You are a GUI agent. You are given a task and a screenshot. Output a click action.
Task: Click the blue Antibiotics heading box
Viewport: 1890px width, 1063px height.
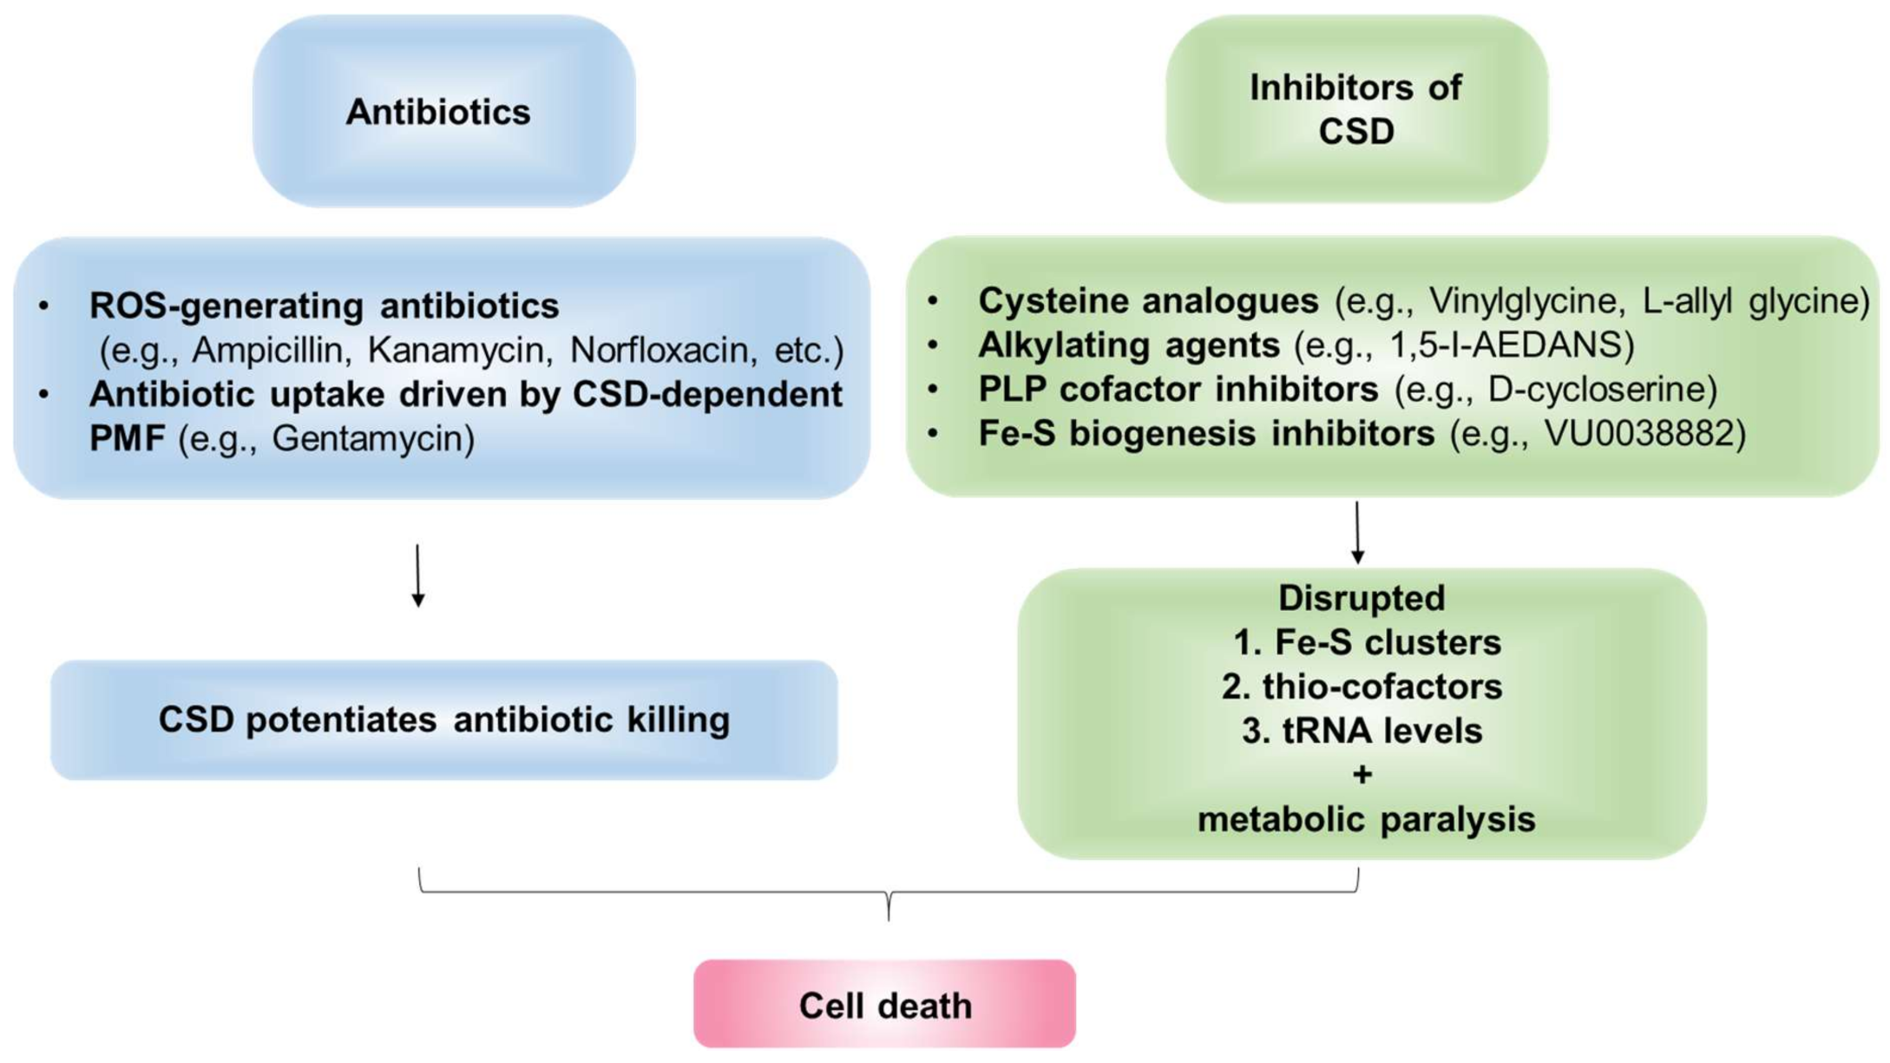(443, 112)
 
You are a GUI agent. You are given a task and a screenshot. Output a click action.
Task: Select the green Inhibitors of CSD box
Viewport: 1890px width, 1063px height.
(1355, 109)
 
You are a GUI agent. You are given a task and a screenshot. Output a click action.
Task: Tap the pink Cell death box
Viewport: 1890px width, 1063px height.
(884, 1005)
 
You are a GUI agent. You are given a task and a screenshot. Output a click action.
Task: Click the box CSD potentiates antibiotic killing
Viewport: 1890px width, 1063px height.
(443, 720)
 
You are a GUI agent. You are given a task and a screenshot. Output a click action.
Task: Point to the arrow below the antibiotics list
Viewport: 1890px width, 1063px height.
(418, 575)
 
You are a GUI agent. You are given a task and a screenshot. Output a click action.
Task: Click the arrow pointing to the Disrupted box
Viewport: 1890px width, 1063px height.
(1357, 533)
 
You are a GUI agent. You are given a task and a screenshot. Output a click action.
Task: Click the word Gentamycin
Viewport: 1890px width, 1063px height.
(372, 439)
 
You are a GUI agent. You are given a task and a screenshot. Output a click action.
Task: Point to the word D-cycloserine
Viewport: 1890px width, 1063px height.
(1601, 390)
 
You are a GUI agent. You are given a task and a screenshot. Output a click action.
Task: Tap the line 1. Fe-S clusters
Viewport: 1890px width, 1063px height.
(1366, 643)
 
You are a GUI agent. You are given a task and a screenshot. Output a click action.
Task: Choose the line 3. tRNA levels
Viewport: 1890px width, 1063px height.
(1362, 731)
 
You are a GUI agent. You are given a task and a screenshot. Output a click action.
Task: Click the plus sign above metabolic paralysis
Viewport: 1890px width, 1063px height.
(1362, 774)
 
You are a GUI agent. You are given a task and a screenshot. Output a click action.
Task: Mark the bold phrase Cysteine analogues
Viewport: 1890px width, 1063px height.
(1147, 301)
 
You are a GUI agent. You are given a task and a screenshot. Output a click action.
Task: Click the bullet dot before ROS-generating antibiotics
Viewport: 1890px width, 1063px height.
(43, 305)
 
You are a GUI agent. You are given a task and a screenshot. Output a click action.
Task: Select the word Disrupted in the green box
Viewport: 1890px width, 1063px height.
(1361, 599)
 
